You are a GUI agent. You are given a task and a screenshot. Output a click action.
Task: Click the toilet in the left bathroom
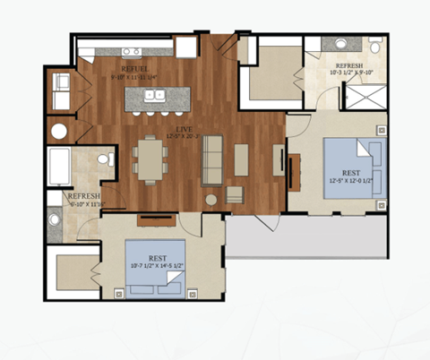point(104,160)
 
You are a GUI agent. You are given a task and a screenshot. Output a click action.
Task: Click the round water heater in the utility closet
point(59,131)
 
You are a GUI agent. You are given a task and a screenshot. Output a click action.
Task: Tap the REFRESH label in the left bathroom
point(82,196)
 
